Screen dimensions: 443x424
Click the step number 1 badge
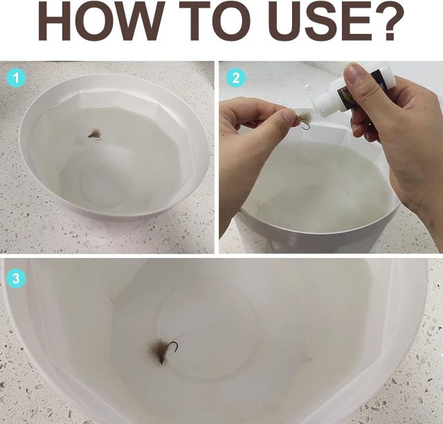point(17,77)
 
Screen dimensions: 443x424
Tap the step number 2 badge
point(236,77)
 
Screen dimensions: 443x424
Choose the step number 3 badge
point(16,278)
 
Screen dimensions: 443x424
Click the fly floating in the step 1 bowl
point(96,134)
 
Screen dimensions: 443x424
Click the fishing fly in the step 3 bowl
point(163,350)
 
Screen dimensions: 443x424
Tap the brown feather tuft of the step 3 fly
point(157,349)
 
